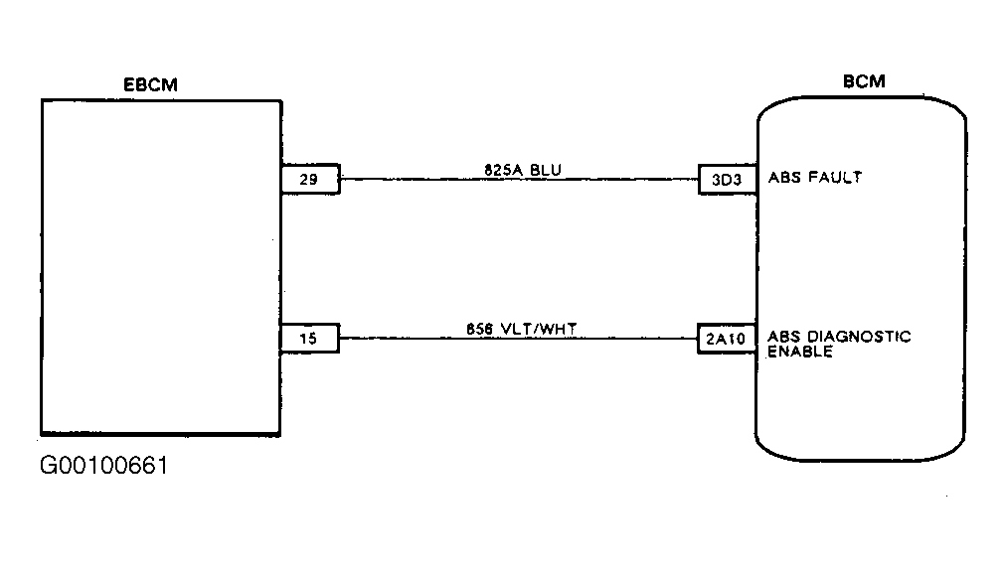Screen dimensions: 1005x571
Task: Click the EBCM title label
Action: [x=150, y=84]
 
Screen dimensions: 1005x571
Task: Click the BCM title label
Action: [x=864, y=81]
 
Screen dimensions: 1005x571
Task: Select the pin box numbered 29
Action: [x=310, y=179]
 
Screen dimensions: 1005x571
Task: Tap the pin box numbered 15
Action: [x=309, y=338]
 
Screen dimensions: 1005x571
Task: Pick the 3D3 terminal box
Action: [x=728, y=179]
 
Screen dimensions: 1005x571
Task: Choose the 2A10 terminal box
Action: [x=727, y=338]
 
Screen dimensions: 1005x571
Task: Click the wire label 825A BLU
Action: [x=522, y=170]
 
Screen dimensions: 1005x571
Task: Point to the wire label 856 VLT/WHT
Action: [x=521, y=329]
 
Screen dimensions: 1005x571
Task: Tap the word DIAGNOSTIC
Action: [x=858, y=337]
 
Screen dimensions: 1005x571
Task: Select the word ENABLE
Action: [x=800, y=352]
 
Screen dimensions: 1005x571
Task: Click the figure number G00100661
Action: [x=103, y=466]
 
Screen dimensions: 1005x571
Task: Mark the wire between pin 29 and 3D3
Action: [x=519, y=179]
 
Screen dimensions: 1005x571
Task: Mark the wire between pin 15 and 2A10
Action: [x=519, y=338]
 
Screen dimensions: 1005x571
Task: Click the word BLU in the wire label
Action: [x=546, y=170]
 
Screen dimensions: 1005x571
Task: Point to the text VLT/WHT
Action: [x=539, y=329]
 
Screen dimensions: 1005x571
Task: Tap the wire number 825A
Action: [x=504, y=170]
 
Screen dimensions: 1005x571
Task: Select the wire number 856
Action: [x=479, y=329]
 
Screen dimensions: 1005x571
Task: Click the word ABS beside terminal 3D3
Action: [x=784, y=178]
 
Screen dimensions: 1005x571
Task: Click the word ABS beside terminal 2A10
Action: [x=784, y=337]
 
